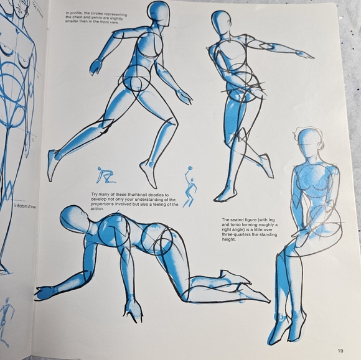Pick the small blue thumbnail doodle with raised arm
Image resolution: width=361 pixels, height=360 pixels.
point(189,185)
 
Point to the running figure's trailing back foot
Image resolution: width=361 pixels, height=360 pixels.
point(54,163)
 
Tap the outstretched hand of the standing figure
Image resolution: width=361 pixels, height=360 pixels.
point(304,55)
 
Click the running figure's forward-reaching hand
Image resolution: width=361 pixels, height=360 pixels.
point(96,67)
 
